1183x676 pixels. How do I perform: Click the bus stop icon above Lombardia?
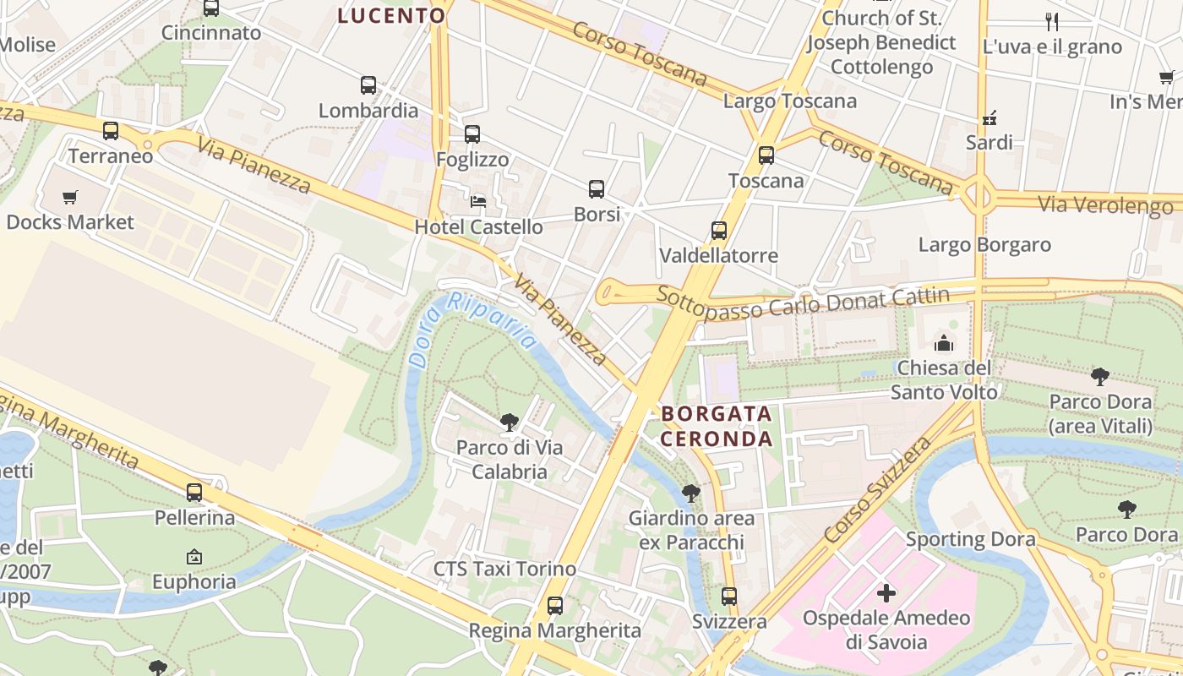(368, 85)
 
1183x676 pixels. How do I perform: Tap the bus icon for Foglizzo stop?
(472, 134)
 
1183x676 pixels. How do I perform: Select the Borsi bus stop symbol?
(597, 189)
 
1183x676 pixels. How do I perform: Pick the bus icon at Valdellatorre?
(719, 231)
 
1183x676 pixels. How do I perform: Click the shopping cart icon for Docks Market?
(70, 198)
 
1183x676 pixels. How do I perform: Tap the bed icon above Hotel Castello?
(478, 202)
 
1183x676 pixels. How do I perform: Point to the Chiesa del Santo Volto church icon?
(944, 343)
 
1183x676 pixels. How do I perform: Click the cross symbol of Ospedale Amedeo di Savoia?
(886, 593)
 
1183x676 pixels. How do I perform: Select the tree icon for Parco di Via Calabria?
(509, 422)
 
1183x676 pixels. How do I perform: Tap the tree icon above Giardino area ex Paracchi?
(691, 493)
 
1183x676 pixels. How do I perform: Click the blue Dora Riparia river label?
(473, 325)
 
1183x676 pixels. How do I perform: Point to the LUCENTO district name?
(391, 15)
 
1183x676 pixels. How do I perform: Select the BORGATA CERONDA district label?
(717, 426)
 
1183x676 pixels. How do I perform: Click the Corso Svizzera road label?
(879, 489)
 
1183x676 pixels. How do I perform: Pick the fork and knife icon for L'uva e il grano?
(1052, 22)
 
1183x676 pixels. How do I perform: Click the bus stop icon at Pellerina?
(194, 493)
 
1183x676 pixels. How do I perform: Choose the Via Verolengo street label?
(1105, 204)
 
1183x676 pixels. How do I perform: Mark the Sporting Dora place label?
(970, 539)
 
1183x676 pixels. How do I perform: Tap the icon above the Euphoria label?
(194, 557)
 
